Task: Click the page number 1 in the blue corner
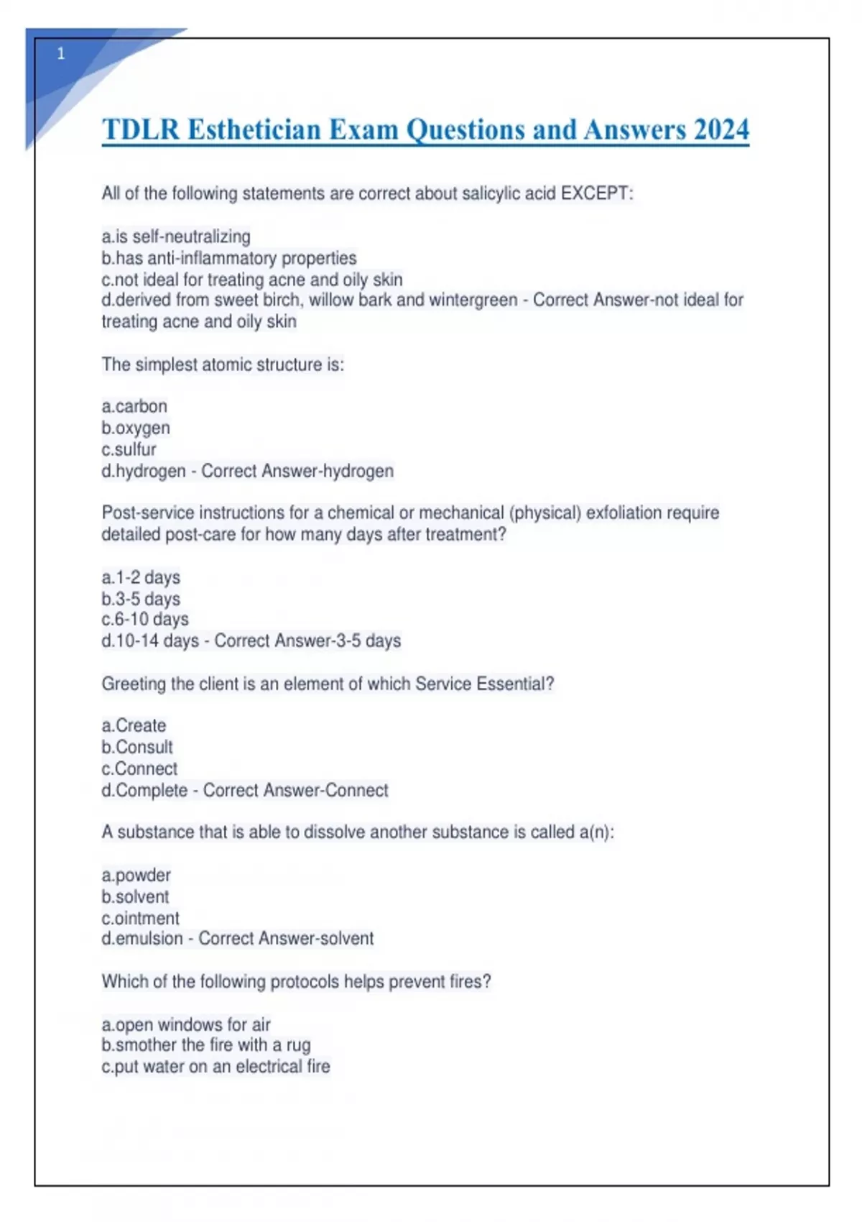pos(61,54)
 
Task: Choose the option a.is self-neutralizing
pos(176,236)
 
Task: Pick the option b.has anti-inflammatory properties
pos(228,258)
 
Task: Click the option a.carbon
pos(134,406)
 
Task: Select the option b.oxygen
pos(136,428)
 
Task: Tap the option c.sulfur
pos(129,449)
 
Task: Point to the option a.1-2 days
pos(141,577)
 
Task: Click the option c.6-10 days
pos(145,619)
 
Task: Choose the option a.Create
pos(134,725)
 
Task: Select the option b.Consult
pos(137,747)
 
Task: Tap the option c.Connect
pos(139,768)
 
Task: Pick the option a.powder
pos(136,876)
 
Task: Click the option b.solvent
pos(135,896)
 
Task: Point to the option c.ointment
pos(140,918)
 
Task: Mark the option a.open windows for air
pos(186,1024)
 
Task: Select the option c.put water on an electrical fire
pos(215,1067)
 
